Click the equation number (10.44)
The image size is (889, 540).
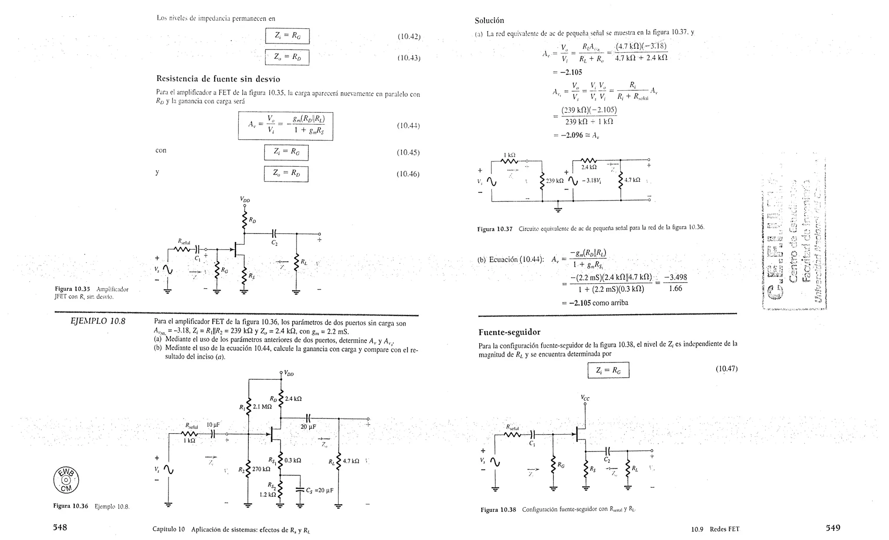pos(408,126)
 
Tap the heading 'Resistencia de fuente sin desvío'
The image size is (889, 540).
pos(218,79)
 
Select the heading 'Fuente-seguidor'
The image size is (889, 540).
pos(509,332)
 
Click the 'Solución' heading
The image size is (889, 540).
pos(489,20)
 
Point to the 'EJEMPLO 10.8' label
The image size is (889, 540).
pos(98,321)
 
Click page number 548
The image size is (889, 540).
pos(60,527)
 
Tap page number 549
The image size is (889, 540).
pos(833,528)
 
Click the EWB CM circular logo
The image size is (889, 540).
pos(66,481)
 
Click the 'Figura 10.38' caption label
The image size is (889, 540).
pos(498,510)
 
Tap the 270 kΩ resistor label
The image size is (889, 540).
pos(261,469)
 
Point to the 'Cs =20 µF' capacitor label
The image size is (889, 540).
pos(319,491)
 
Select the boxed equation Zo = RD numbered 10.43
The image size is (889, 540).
pos(287,57)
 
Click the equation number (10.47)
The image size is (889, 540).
pos(726,369)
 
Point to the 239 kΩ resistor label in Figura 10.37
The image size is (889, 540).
pos(555,181)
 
